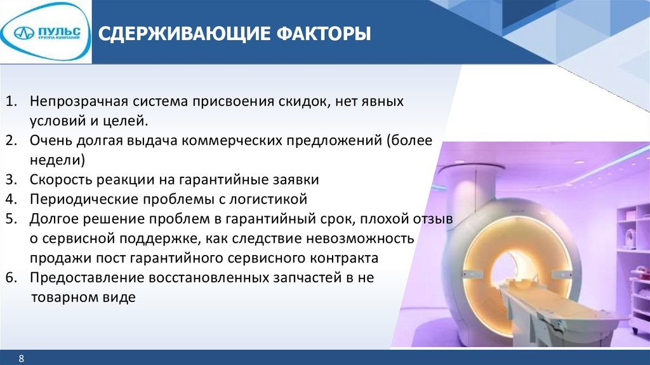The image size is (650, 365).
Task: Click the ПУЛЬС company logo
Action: (46, 32)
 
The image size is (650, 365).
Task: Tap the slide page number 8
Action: (22, 359)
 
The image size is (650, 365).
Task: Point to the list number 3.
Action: (11, 179)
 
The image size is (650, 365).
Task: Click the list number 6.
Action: (11, 277)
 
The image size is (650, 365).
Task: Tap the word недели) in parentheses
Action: (57, 160)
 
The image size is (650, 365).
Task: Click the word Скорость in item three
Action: (61, 180)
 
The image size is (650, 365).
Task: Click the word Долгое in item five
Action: (53, 219)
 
